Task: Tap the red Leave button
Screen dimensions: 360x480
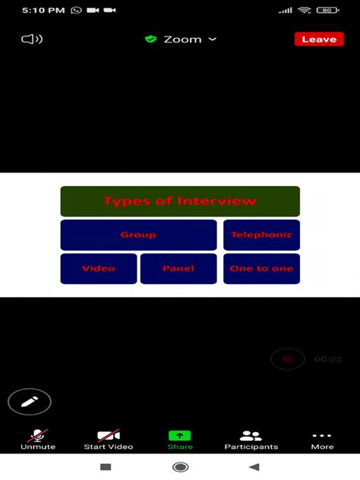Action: (319, 39)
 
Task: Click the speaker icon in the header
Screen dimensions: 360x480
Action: (32, 39)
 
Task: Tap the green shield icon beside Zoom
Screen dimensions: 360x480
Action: (150, 39)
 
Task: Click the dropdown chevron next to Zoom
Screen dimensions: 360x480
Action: (213, 39)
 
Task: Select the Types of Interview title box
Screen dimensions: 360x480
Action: (180, 201)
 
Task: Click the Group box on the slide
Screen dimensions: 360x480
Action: (138, 235)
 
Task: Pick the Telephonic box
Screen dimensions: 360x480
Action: (261, 235)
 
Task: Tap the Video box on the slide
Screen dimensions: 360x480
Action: (99, 268)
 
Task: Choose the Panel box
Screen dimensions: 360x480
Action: (178, 268)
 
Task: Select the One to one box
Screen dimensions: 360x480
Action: (261, 268)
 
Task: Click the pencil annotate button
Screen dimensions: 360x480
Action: (30, 402)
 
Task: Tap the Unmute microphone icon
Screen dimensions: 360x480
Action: (38, 435)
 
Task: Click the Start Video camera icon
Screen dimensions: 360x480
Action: (109, 435)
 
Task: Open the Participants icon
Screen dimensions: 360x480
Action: (251, 436)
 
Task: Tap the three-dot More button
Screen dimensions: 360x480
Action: (322, 435)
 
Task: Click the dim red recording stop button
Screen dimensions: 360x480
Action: (287, 358)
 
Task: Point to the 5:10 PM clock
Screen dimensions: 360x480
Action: (43, 11)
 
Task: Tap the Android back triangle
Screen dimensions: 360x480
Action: (254, 467)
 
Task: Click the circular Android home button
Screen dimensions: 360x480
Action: (180, 467)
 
